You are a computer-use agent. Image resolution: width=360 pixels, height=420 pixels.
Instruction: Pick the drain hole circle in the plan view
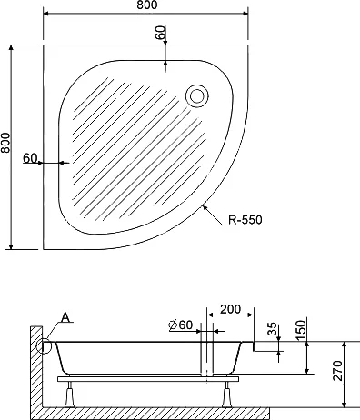click(195, 93)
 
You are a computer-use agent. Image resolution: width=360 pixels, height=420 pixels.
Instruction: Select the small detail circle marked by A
click(44, 345)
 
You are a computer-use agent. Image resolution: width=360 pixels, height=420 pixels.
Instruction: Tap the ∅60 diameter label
click(179, 325)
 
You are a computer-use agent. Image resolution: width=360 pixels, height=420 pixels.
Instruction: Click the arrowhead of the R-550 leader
click(206, 208)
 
